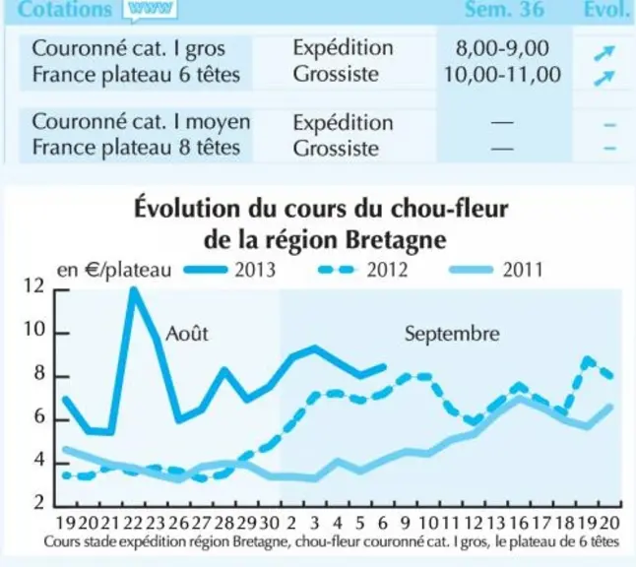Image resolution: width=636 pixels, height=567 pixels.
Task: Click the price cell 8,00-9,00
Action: coord(502,48)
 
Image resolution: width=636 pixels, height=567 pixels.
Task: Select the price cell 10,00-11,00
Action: coord(502,75)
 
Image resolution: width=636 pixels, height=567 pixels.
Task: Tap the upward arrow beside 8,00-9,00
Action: coord(604,53)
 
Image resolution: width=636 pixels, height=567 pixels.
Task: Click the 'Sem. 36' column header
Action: coord(504,9)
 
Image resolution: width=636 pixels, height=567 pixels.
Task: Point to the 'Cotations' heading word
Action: coord(65,9)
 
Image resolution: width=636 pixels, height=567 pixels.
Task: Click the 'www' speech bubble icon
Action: coord(151,10)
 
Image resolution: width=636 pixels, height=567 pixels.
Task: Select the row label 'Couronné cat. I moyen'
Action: coord(141,122)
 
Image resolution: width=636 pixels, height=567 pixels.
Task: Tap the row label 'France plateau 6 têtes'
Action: coord(136,75)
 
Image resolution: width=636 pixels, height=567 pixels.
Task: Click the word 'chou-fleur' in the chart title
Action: coord(449,210)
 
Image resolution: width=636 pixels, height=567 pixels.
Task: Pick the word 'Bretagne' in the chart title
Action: coord(396,240)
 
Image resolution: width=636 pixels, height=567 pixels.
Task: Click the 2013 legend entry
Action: coord(229,270)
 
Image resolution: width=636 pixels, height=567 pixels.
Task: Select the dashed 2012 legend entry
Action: coord(362,270)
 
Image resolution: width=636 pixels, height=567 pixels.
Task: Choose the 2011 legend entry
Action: coord(496,270)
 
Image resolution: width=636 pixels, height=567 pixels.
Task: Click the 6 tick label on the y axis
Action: coord(39,416)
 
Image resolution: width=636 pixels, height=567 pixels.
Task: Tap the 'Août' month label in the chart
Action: coord(187,334)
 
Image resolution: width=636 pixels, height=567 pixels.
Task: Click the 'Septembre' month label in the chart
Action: coord(452,335)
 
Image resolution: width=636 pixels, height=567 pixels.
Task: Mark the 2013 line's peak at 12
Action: coord(133,289)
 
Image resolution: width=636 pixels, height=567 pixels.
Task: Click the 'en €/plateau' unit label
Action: coord(114,271)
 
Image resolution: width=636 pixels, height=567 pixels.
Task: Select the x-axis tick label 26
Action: coord(178,524)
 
